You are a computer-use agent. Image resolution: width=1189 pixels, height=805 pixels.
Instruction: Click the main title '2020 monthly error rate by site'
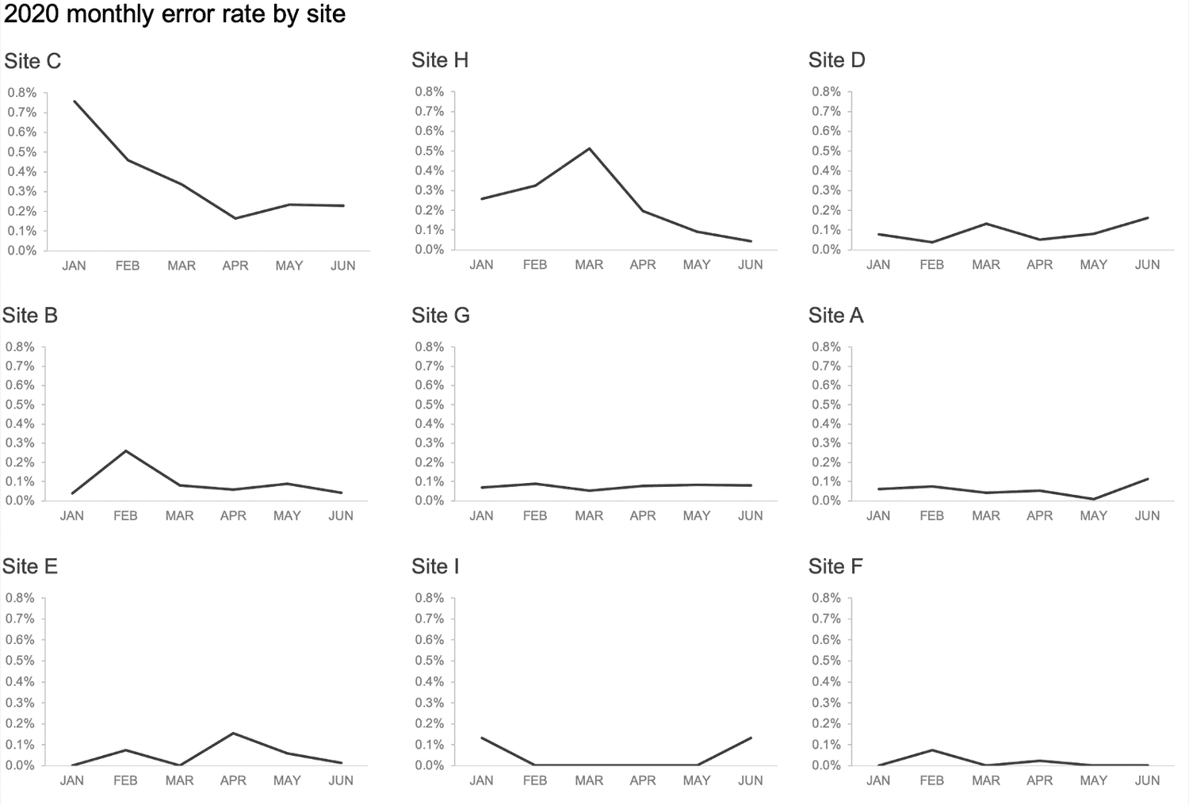[x=174, y=14]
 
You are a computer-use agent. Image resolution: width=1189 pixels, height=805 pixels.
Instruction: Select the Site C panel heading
[x=32, y=61]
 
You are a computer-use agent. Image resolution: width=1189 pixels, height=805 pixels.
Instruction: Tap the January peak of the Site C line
[x=74, y=101]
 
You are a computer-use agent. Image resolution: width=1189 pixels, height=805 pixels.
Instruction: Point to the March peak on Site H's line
[x=589, y=148]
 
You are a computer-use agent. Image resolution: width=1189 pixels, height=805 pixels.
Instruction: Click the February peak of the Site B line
[x=125, y=451]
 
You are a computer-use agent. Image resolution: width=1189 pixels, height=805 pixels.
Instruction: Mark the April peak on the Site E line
[x=233, y=733]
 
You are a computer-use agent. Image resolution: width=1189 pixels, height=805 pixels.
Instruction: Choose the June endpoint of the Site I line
[x=751, y=738]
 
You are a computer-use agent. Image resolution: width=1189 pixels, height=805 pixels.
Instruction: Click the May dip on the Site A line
[x=1094, y=499]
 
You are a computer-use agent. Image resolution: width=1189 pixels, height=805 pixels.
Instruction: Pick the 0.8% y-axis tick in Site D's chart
[x=826, y=92]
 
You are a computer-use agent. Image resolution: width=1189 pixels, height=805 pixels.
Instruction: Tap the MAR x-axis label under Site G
[x=589, y=516]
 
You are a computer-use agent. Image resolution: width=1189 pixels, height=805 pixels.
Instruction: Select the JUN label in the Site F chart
[x=1147, y=780]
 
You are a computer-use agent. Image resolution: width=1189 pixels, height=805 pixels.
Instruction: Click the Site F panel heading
[x=835, y=566]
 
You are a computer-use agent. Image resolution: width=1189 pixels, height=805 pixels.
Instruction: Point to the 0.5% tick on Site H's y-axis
[x=430, y=151]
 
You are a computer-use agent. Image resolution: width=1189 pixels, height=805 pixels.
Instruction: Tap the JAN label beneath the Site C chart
[x=74, y=266]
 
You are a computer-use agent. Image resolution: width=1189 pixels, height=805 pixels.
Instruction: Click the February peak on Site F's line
[x=932, y=749]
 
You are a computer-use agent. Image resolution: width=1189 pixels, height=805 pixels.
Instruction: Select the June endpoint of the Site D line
[x=1148, y=218]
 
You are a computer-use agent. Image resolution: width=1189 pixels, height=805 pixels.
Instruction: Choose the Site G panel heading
[x=441, y=316]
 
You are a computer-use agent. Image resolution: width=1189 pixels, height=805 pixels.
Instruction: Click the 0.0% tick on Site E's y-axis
[x=20, y=765]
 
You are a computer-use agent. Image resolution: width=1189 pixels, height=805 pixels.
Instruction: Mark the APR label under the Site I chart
[x=643, y=780]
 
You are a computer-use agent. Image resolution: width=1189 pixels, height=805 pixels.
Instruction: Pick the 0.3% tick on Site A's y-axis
[x=826, y=443]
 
